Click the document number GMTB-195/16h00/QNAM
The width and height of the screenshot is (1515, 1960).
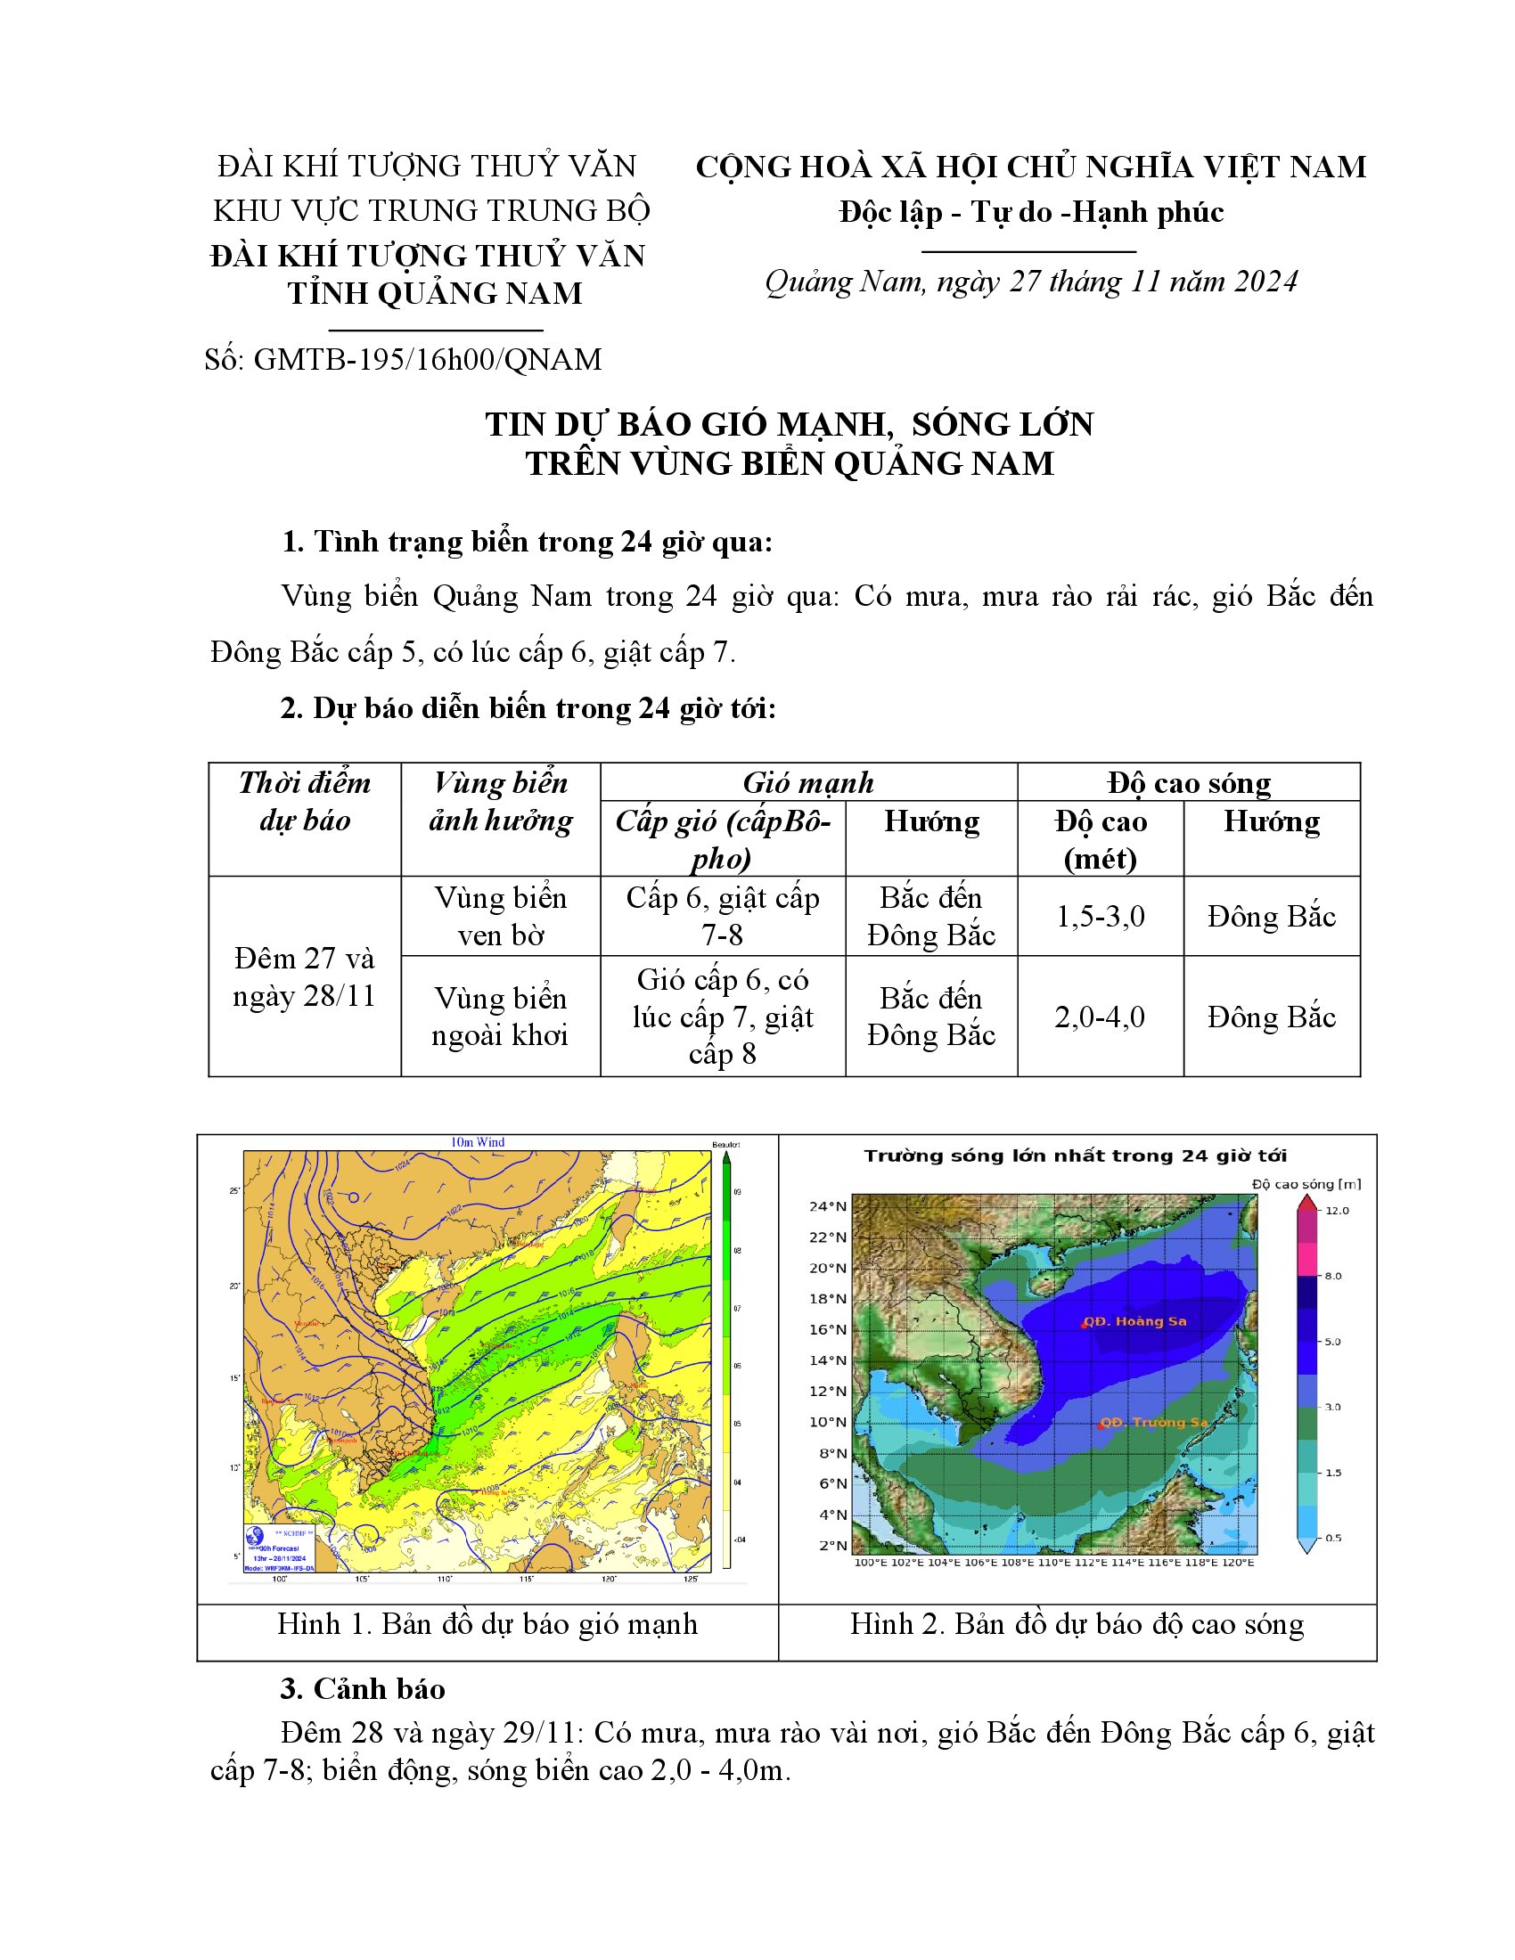click(x=427, y=360)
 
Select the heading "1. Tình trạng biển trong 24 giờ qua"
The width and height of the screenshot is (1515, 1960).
click(x=527, y=542)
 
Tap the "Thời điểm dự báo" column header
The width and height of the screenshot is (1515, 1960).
click(x=304, y=802)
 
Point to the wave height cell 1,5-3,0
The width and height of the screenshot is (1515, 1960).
click(x=1100, y=916)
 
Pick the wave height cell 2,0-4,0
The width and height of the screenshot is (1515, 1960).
click(x=1100, y=1017)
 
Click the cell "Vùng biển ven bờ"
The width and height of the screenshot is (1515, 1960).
click(x=500, y=916)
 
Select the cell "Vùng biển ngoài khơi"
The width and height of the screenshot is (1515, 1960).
click(x=500, y=1017)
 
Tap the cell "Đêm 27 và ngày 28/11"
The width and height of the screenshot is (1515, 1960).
click(x=304, y=977)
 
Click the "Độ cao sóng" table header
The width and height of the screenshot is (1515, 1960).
click(x=1188, y=782)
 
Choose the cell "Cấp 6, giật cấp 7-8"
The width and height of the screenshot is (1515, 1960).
click(x=723, y=916)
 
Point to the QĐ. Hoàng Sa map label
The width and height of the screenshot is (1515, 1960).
click(x=1134, y=1321)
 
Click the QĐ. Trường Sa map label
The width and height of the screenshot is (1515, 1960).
click(x=1153, y=1423)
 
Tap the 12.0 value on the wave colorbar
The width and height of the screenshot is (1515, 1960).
click(x=1337, y=1211)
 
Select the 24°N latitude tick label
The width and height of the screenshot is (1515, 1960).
click(x=828, y=1206)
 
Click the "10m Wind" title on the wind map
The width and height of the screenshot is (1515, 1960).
click(x=478, y=1142)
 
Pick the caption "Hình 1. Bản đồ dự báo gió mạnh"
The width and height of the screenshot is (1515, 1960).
click(x=487, y=1624)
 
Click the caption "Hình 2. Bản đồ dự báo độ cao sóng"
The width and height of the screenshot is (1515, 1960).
click(x=1077, y=1624)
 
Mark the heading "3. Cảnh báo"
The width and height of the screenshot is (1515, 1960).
click(x=363, y=1689)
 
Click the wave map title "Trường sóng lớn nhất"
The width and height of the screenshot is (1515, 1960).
click(x=1076, y=1156)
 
